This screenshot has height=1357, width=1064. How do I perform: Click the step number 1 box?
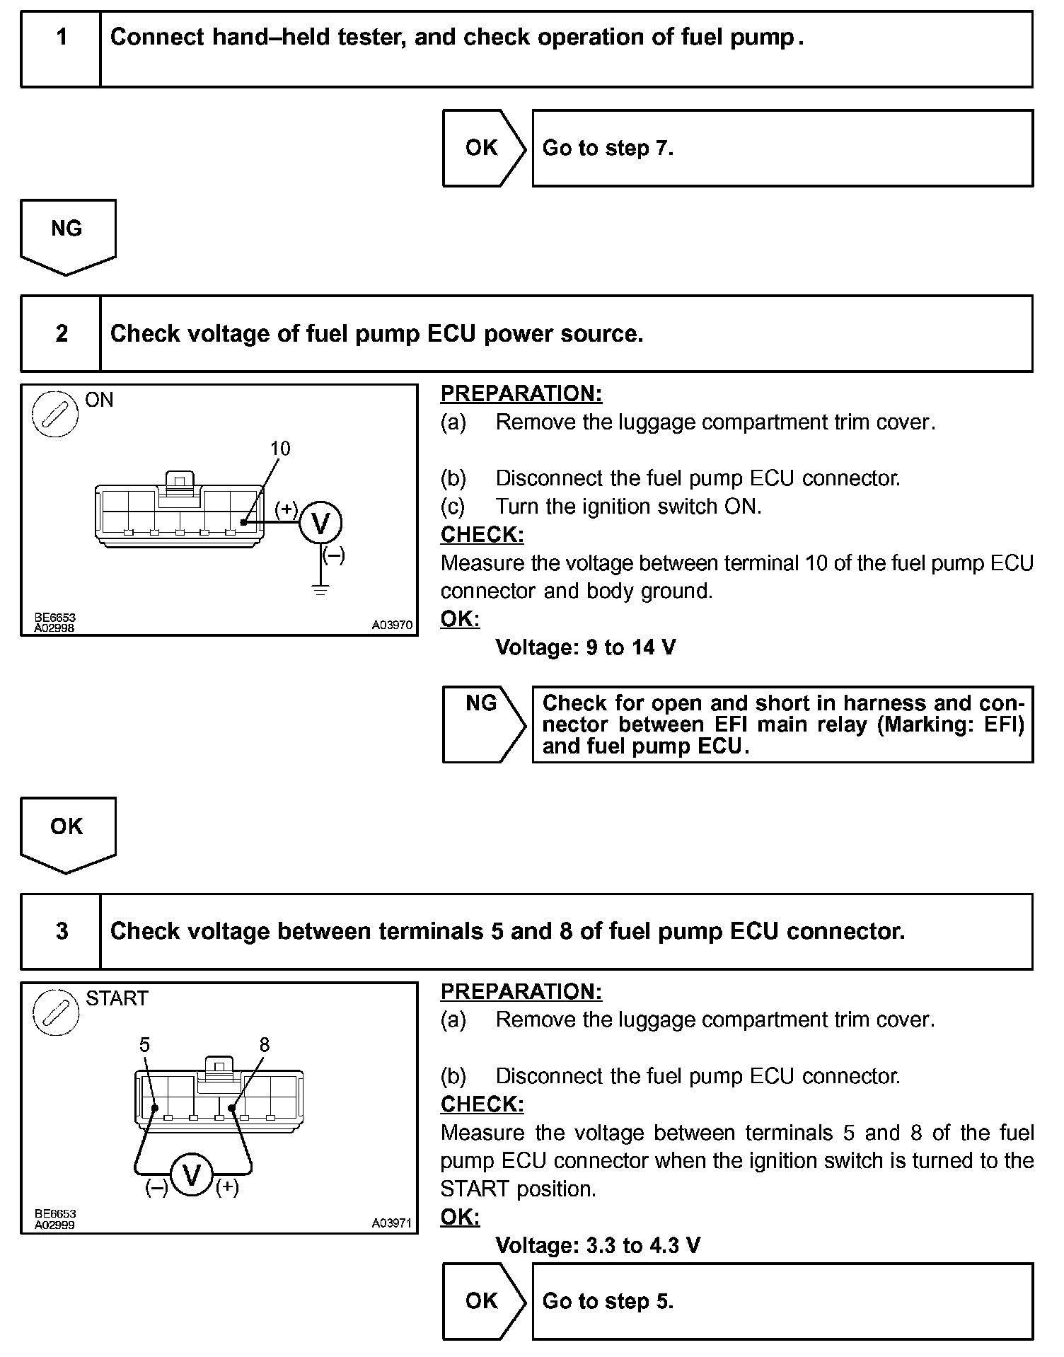[x=62, y=48]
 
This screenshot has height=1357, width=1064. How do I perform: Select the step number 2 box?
[x=62, y=333]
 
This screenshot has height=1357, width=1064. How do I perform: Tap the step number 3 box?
[x=62, y=931]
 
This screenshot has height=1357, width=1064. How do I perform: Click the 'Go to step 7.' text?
[x=608, y=148]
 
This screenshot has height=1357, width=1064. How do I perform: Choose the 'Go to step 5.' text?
[x=608, y=1301]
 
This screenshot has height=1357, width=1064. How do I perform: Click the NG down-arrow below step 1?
[x=67, y=236]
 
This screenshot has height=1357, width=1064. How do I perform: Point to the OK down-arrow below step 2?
[x=67, y=834]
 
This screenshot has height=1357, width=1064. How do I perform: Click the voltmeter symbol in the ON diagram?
[x=320, y=524]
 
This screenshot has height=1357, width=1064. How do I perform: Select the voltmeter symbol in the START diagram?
[x=192, y=1175]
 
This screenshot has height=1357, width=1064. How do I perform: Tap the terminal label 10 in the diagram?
[x=280, y=449]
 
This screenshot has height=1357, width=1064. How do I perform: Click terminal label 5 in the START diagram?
[x=145, y=1045]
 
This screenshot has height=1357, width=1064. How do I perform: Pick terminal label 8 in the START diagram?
[x=265, y=1045]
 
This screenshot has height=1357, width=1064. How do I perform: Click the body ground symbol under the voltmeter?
[x=320, y=589]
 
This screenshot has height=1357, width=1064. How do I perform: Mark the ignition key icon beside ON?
[x=55, y=414]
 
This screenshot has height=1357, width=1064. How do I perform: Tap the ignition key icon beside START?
[x=55, y=1012]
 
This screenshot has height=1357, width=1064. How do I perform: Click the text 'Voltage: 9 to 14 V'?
[x=585, y=647]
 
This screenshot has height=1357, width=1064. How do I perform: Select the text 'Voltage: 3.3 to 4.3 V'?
[x=598, y=1245]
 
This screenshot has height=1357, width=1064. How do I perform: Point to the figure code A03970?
[x=392, y=625]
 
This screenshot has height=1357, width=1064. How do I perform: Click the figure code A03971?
[x=392, y=1223]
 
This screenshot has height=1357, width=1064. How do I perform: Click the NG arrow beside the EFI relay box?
[x=483, y=724]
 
